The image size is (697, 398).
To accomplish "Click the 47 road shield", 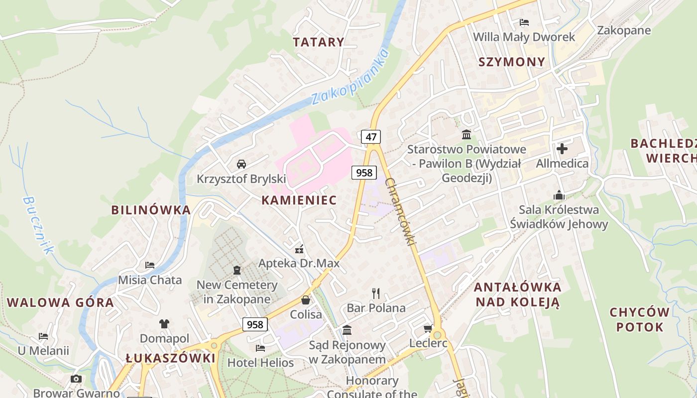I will point(371,137).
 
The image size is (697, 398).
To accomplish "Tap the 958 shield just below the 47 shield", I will point(364,173).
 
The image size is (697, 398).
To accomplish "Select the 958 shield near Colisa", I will point(255,325).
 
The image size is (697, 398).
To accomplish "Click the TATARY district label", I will point(319,42).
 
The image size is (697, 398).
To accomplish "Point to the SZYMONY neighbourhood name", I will point(512,62).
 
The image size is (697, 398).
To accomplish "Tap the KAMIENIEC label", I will point(299,200).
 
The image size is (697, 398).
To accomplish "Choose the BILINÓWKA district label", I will point(151,210).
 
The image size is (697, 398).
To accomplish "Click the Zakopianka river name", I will point(349,77).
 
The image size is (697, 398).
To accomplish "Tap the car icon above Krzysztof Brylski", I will point(241,164).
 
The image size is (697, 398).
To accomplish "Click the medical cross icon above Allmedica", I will point(562,148).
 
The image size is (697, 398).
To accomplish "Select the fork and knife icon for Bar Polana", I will point(376,293).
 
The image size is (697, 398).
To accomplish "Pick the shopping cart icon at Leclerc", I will point(427,328).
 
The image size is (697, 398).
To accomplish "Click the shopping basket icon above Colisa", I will point(306,300).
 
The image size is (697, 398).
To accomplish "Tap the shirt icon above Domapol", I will point(164,323).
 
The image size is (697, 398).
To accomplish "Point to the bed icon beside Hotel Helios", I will point(260,348).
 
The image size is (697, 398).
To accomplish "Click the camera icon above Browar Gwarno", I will point(76,379).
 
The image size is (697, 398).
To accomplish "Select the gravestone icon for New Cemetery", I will point(237,270).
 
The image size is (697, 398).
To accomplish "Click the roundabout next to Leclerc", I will point(438,334).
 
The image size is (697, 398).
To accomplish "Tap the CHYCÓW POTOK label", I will point(640,319).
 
